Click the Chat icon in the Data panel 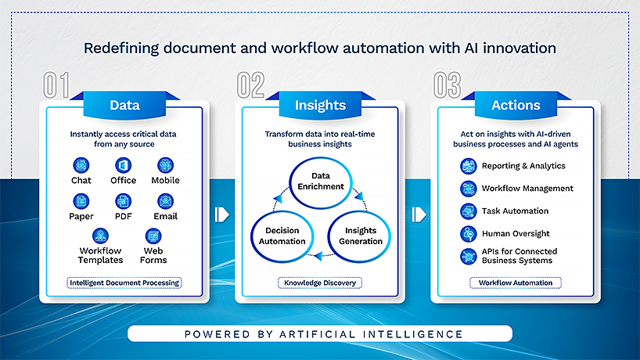click(x=81, y=165)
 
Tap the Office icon click(x=124, y=165)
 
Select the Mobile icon click(x=165, y=165)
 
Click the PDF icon click(x=124, y=201)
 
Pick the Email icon click(x=165, y=201)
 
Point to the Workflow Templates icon click(x=100, y=236)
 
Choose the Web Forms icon click(x=153, y=236)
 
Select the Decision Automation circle click(x=282, y=236)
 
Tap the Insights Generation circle click(x=361, y=236)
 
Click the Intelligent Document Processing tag click(x=124, y=283)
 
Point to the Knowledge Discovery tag click(x=320, y=283)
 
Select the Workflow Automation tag click(x=516, y=283)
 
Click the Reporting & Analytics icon click(x=468, y=166)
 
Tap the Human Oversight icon click(x=468, y=233)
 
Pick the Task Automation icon click(x=468, y=211)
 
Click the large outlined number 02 click(x=252, y=85)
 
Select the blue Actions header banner click(x=516, y=105)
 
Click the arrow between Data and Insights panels click(x=222, y=214)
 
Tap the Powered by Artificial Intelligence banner click(x=320, y=334)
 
